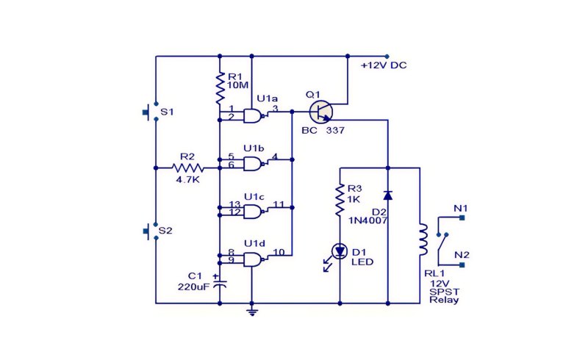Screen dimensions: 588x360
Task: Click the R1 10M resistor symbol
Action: (x=220, y=88)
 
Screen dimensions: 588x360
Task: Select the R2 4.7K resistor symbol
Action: (x=188, y=168)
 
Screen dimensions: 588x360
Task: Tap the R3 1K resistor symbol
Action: (x=340, y=200)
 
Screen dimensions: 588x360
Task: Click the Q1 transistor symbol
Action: (x=321, y=112)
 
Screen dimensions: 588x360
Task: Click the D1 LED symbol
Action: (x=340, y=251)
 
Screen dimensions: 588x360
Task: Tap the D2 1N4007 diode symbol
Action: (x=388, y=195)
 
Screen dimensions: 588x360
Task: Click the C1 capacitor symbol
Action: (x=220, y=283)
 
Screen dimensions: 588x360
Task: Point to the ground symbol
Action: (x=252, y=311)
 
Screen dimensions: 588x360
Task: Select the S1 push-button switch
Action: (x=151, y=112)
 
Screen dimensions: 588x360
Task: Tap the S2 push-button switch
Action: (x=151, y=231)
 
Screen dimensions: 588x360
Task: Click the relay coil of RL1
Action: (x=423, y=240)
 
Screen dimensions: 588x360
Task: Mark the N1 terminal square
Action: (x=462, y=217)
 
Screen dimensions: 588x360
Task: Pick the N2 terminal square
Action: (x=462, y=264)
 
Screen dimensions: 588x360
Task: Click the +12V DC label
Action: (x=384, y=65)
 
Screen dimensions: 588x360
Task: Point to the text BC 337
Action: (x=323, y=131)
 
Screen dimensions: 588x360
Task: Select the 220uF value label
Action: (x=193, y=287)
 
